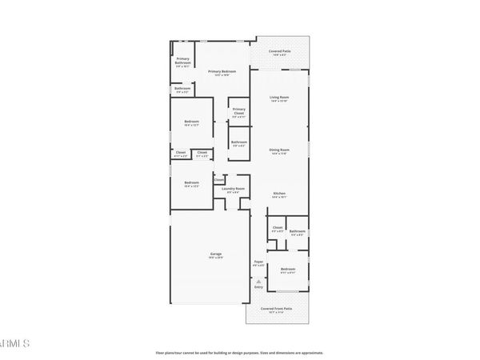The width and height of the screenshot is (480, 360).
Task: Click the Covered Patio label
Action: [x=279, y=53]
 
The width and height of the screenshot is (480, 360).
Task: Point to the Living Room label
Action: [x=278, y=99]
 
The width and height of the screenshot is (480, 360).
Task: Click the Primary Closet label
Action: [x=239, y=113]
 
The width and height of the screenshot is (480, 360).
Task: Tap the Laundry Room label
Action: [x=234, y=190]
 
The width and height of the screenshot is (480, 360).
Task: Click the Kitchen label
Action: [x=278, y=194]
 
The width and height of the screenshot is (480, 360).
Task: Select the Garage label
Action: [x=216, y=255]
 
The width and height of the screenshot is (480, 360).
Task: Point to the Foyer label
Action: [x=258, y=262]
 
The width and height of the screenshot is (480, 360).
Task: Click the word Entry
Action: [x=258, y=286]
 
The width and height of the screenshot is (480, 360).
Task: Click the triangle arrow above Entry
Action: [x=258, y=280]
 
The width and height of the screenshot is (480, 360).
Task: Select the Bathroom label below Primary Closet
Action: [x=239, y=144]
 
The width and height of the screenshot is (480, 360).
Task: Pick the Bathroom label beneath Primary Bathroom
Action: [x=182, y=90]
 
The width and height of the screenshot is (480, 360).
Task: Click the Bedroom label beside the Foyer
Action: [x=288, y=270]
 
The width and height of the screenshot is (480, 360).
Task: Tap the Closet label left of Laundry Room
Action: [x=218, y=180]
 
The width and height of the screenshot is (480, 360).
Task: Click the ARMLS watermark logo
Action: [x=14, y=344]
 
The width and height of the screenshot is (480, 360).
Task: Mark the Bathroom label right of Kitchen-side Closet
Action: [x=298, y=233]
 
